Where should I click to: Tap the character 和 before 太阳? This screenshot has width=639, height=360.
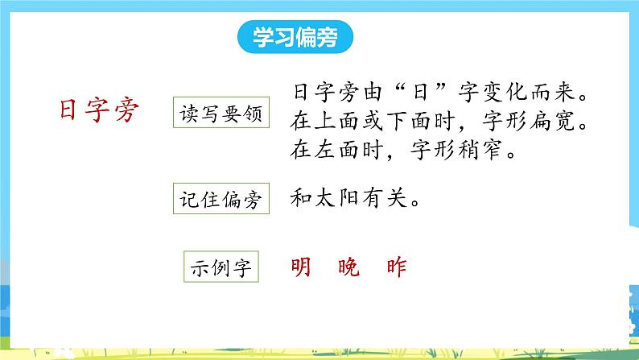click(x=296, y=199)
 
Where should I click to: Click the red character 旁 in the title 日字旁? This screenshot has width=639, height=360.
click(x=127, y=111)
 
